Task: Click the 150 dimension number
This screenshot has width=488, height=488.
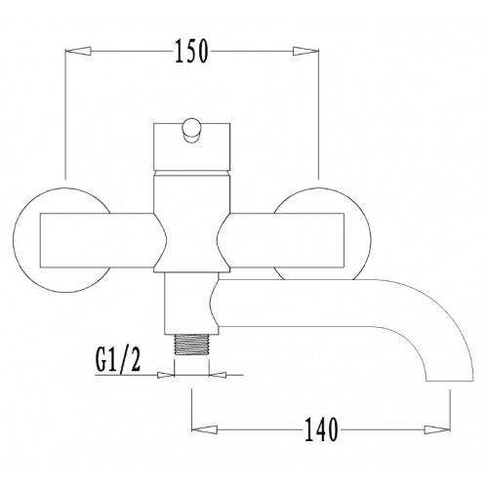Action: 191,52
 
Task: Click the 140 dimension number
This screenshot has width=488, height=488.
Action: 321,429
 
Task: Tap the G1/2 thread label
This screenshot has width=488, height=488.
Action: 118,359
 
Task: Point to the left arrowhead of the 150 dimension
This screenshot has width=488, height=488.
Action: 77,51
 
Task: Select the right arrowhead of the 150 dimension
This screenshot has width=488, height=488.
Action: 305,51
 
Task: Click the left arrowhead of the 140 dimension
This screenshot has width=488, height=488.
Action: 204,429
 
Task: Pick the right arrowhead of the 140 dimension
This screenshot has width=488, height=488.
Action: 437,429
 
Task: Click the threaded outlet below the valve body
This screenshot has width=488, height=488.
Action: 191,345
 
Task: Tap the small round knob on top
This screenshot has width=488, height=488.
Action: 191,130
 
